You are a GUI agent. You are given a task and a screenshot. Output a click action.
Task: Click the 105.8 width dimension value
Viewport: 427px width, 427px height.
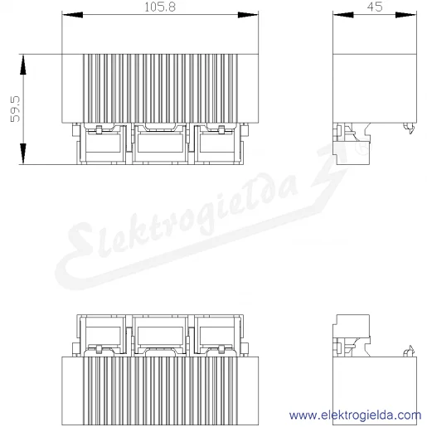pos(160,7)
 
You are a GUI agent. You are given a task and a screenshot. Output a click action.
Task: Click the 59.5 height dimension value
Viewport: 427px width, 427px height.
pos(15,109)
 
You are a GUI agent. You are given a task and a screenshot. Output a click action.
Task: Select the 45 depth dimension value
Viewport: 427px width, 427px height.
pos(375,7)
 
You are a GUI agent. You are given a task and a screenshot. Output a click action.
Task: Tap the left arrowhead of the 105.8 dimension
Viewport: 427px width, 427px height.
pos(72,15)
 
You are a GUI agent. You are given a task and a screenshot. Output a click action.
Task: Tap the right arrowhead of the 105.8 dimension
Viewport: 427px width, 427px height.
pos(248,15)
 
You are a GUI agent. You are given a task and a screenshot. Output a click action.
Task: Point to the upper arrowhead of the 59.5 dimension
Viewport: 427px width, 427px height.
pos(23,65)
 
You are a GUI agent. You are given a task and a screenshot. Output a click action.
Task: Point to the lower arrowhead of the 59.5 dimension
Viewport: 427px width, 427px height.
pos(23,153)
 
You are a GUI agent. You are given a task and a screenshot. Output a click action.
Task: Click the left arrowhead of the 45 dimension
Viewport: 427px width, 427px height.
pos(343,15)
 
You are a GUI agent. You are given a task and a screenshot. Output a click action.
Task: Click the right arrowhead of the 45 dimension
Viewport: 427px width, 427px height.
pos(405,15)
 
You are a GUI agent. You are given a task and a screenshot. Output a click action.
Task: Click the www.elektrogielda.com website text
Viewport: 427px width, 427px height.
pos(355,415)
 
